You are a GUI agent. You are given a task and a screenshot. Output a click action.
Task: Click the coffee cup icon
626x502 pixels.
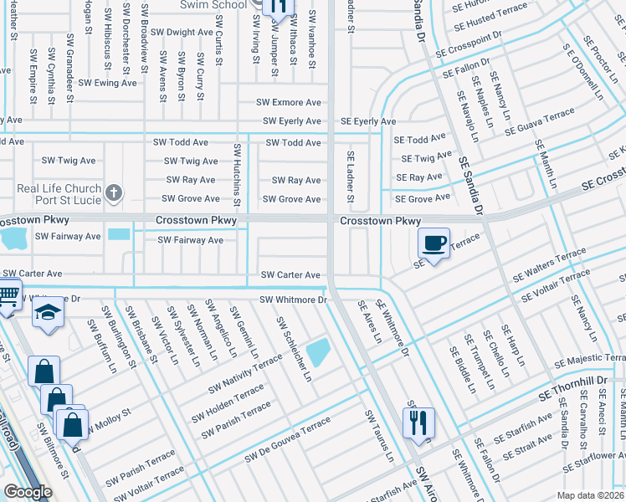pyautogui.click(x=434, y=243)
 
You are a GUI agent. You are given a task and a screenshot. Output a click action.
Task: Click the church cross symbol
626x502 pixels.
pyautogui.click(x=114, y=194)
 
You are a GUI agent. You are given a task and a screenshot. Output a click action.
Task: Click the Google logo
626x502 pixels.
pyautogui.click(x=28, y=492)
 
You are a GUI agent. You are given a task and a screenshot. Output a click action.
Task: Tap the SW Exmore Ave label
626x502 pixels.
pyautogui.click(x=289, y=103)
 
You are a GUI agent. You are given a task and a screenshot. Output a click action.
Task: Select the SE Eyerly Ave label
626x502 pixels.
pyautogui.click(x=368, y=122)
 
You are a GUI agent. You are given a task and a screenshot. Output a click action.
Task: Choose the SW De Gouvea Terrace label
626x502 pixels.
pyautogui.click(x=289, y=442)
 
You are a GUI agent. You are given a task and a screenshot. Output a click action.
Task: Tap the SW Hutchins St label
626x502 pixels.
pyautogui.click(x=238, y=175)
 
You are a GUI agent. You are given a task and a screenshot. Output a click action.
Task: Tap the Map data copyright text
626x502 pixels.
pyautogui.click(x=588, y=495)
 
